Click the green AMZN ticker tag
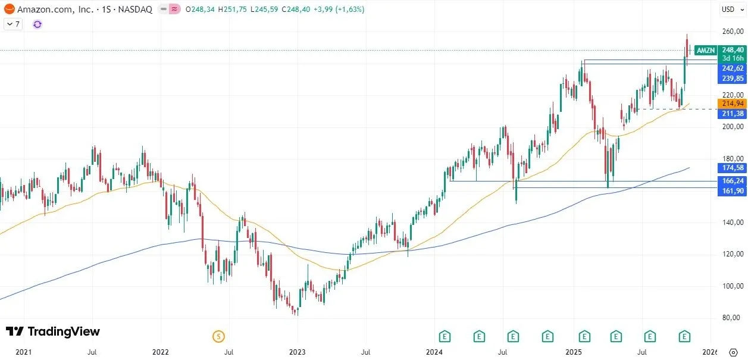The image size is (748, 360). coord(706,51)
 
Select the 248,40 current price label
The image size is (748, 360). coord(733,50)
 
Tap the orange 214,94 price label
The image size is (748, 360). coord(733,104)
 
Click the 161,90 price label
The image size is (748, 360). coord(733,190)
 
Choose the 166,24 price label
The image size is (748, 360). coord(733,180)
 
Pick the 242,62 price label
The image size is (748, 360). coord(733,68)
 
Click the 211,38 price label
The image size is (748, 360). coord(733,114)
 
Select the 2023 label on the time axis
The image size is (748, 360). coord(298,352)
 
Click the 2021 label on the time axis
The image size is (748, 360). coord(23,352)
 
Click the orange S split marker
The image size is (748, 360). coord(218,336)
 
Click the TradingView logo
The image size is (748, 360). coord(52,331)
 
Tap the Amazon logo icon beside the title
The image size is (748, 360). coord(9,10)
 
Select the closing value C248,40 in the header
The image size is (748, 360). coord(297,10)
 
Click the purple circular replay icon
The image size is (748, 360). coord(37,24)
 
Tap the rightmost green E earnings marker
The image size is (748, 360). coord(685,336)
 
